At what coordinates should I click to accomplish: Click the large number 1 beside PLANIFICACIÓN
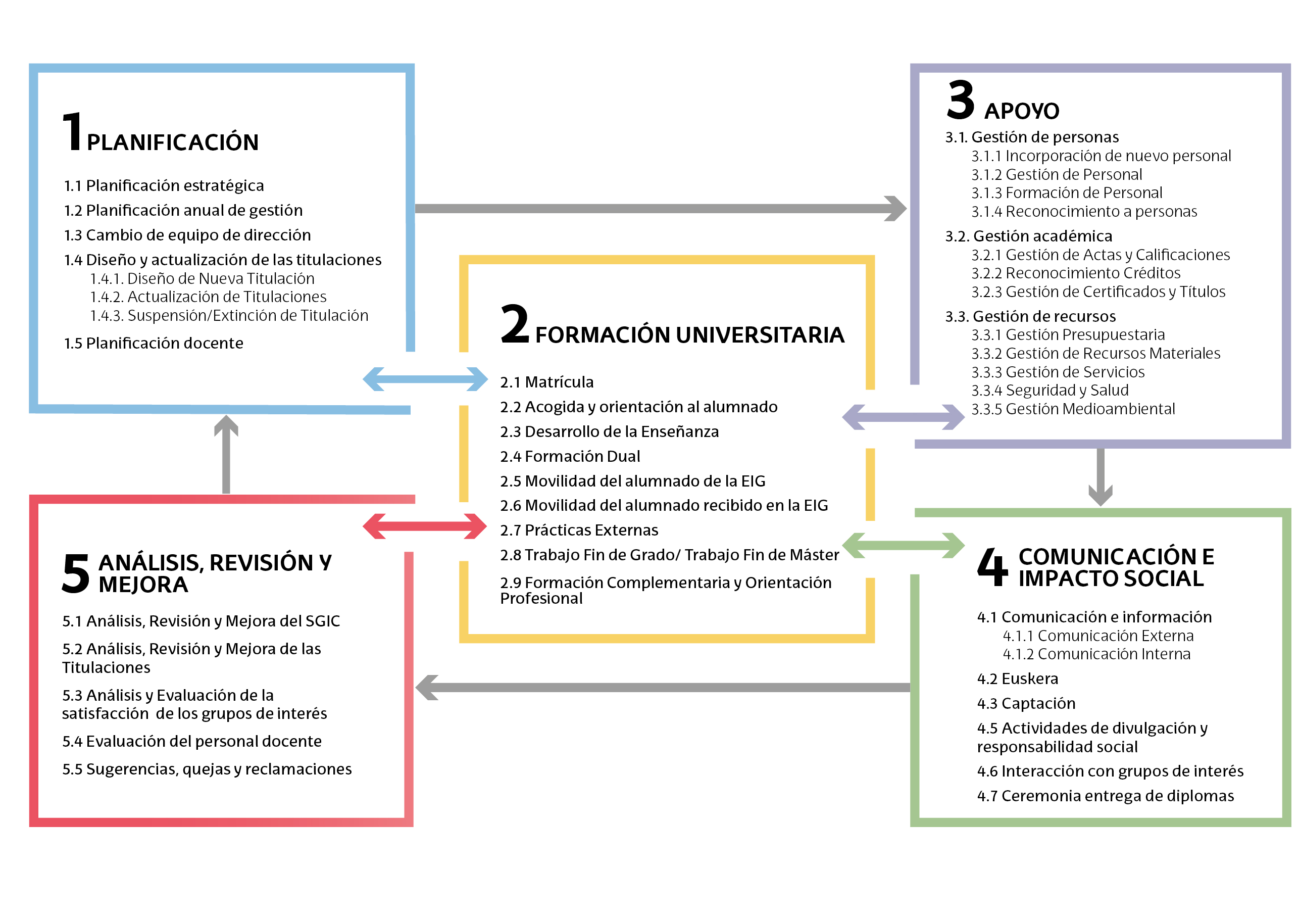coord(72,132)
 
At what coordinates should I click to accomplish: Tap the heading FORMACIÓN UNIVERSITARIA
coord(689,335)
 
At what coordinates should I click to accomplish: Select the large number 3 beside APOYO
coord(961,101)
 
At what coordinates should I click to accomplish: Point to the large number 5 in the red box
coord(76,573)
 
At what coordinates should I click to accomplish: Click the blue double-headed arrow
coord(425,379)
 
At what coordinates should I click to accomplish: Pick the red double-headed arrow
coord(424,526)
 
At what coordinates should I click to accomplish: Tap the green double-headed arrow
coord(903,546)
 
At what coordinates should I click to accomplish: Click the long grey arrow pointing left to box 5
coord(662,688)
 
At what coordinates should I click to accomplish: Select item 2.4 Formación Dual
coord(570,457)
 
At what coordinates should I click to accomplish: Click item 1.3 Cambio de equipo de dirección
coord(187,235)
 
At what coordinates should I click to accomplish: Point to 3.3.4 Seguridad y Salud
coord(1050,391)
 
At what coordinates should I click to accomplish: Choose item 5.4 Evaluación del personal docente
coord(192,741)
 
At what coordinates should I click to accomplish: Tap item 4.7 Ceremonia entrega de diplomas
coord(1105,796)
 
